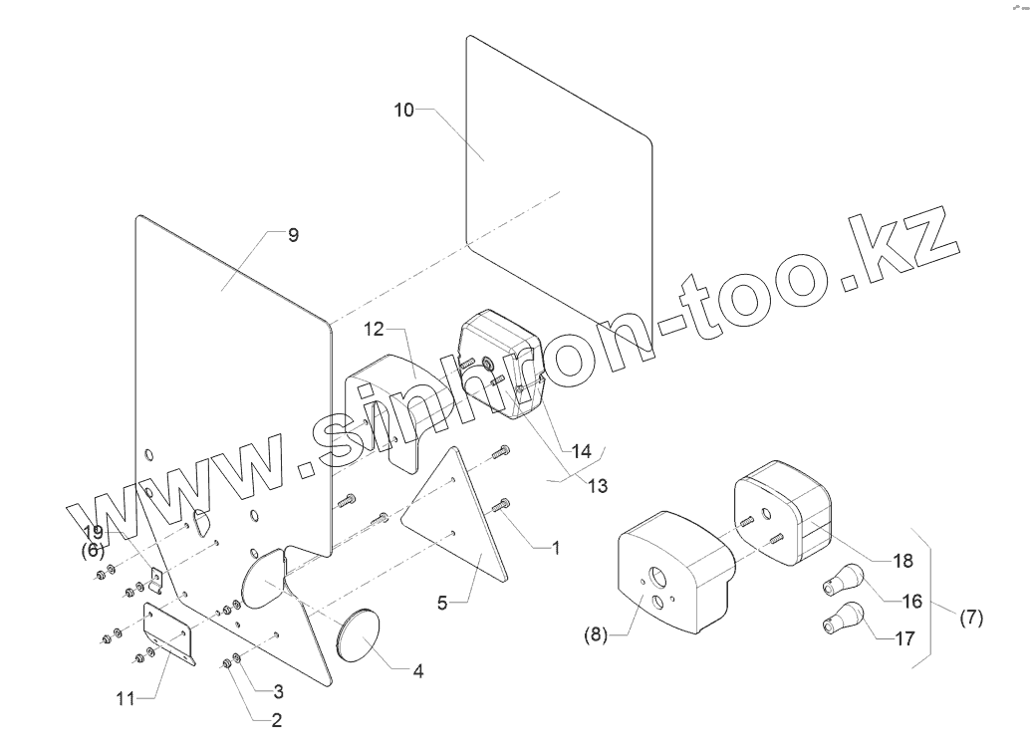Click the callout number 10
click(403, 110)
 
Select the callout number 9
click(293, 235)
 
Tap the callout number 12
click(374, 329)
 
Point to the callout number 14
click(581, 451)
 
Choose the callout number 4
click(418, 671)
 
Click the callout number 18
click(902, 561)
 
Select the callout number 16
click(912, 601)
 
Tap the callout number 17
click(905, 639)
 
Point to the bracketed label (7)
click(970, 618)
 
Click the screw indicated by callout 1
click(502, 508)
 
